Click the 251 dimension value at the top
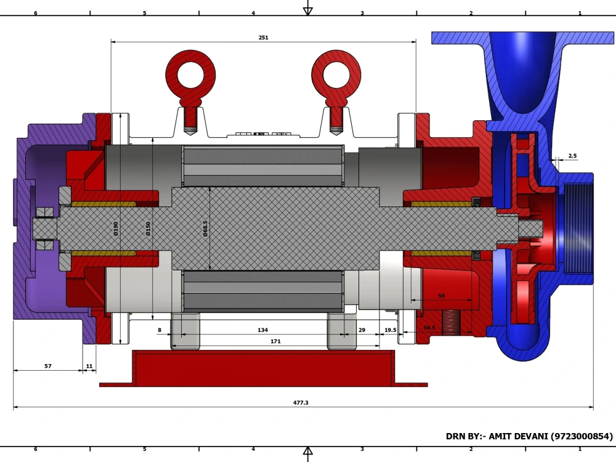tap(263, 38)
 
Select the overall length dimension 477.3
tap(301, 402)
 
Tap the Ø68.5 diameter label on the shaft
tap(205, 229)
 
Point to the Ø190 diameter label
tap(116, 229)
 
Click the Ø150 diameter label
tap(148, 229)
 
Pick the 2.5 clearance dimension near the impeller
tap(572, 156)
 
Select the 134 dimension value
tap(262, 330)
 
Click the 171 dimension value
tap(276, 341)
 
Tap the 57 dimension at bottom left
tap(48, 366)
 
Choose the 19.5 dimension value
tap(391, 330)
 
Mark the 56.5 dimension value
tap(429, 328)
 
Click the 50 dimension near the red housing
tap(441, 296)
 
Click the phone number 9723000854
tap(582, 436)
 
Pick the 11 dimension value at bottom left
tap(89, 366)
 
